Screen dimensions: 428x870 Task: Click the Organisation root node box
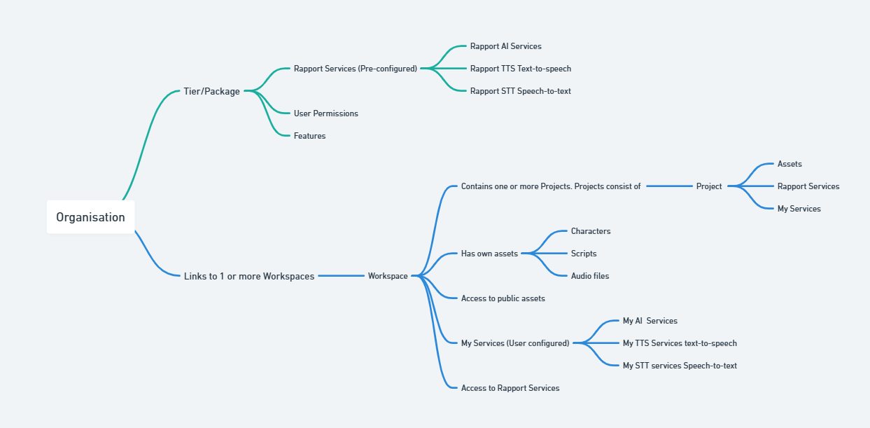coord(90,217)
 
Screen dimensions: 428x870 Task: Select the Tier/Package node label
coord(211,91)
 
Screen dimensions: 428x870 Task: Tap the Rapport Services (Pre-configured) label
coord(355,69)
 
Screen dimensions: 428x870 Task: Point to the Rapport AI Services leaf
coord(505,46)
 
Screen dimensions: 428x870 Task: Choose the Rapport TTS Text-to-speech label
coord(520,69)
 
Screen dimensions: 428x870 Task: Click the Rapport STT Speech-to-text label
coord(520,91)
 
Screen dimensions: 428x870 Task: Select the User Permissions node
coord(325,113)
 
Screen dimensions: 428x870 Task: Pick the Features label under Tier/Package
coord(309,136)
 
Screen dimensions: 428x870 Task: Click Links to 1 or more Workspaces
coord(248,276)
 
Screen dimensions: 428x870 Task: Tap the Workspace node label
coord(388,276)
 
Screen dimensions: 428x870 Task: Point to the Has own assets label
coord(489,254)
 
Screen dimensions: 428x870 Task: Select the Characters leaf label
coord(590,231)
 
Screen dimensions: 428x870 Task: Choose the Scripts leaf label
coord(583,254)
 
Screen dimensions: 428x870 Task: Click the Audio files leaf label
coord(589,276)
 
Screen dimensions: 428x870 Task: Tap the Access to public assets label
coord(503,298)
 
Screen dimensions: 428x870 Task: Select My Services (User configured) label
coord(514,343)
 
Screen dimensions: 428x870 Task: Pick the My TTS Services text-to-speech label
coord(679,343)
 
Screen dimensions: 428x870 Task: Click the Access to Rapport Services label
coord(510,388)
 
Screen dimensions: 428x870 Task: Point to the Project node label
coord(708,186)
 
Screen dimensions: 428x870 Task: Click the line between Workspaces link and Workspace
coord(341,276)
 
